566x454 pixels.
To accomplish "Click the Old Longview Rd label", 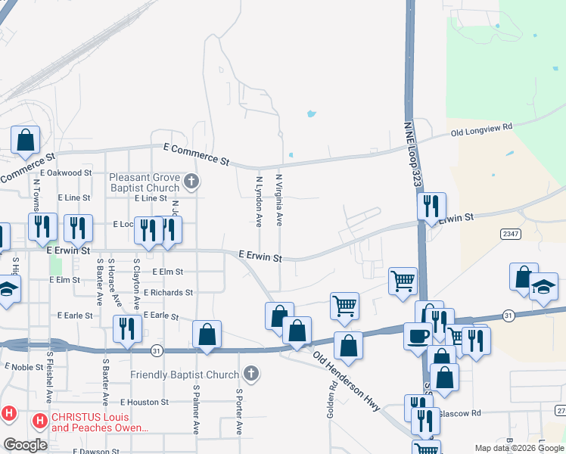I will point(481,129).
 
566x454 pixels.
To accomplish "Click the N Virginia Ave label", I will point(278,200).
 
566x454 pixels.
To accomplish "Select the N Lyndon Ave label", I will point(259,202).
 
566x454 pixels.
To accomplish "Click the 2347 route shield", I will point(510,235).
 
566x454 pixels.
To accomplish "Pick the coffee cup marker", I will point(416,335).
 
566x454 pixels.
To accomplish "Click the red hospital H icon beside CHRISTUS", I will point(38,418).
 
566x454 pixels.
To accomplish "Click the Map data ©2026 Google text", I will point(518,448).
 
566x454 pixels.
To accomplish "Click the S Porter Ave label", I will point(238,412).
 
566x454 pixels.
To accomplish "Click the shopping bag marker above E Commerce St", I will point(25,139).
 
